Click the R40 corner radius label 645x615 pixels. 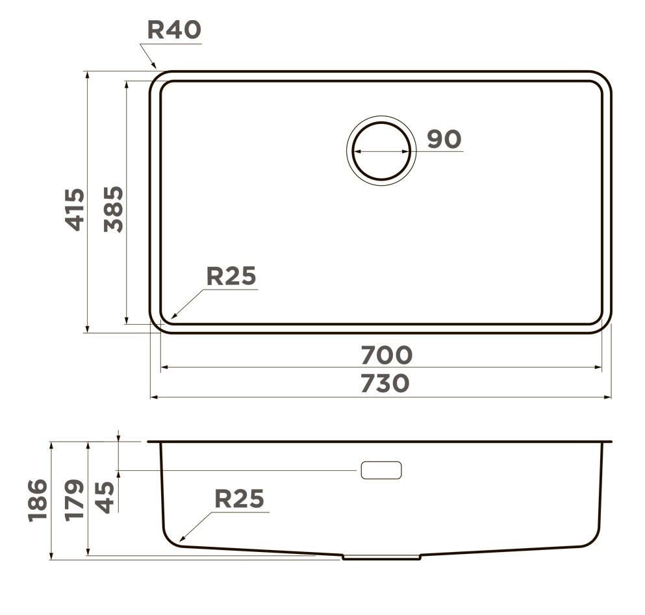click(175, 30)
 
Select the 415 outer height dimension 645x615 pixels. click(75, 209)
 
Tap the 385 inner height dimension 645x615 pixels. click(113, 209)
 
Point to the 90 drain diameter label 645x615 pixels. click(444, 139)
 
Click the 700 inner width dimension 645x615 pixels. click(386, 355)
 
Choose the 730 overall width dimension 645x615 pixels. click(385, 383)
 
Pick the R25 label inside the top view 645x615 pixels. click(231, 275)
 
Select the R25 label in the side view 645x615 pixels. click(239, 499)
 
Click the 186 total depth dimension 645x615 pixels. click(38, 500)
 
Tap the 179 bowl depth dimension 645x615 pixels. click(75, 500)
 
